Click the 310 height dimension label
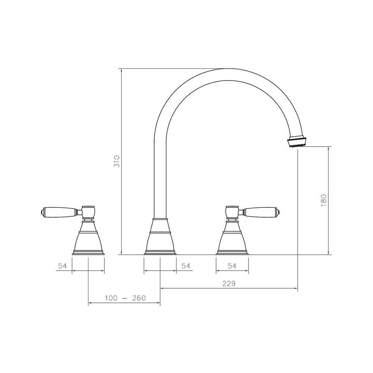click(117, 161)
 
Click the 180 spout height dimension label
click(323, 201)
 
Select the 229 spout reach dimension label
click(229, 284)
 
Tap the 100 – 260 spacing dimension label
click(125, 298)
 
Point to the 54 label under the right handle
click(232, 266)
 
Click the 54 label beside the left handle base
click(62, 266)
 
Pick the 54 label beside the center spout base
click(186, 266)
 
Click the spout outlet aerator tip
click(297, 142)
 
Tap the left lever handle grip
click(60, 212)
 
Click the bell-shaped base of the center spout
click(160, 239)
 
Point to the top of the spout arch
click(228, 75)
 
